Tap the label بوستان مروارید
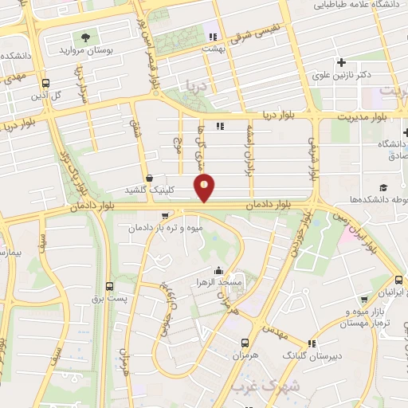pyautogui.click(x=87, y=49)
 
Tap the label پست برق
pyautogui.click(x=108, y=297)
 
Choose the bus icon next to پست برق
pyautogui.click(x=109, y=285)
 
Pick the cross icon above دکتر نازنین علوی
pyautogui.click(x=342, y=62)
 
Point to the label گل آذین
pyautogui.click(x=45, y=95)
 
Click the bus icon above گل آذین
pyautogui.click(x=45, y=82)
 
